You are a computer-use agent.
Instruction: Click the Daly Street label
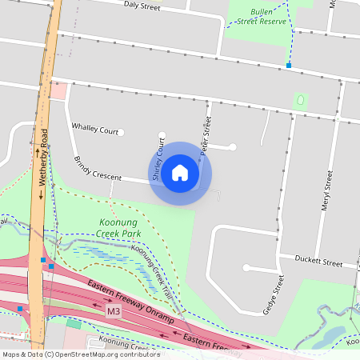tap(142, 7)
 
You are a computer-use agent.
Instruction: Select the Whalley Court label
tap(94, 130)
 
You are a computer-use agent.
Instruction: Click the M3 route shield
tap(114, 309)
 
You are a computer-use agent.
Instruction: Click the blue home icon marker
tap(180, 173)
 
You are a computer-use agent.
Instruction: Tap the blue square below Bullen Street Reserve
tap(289, 66)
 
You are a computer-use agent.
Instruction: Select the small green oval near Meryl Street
tap(301, 102)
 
